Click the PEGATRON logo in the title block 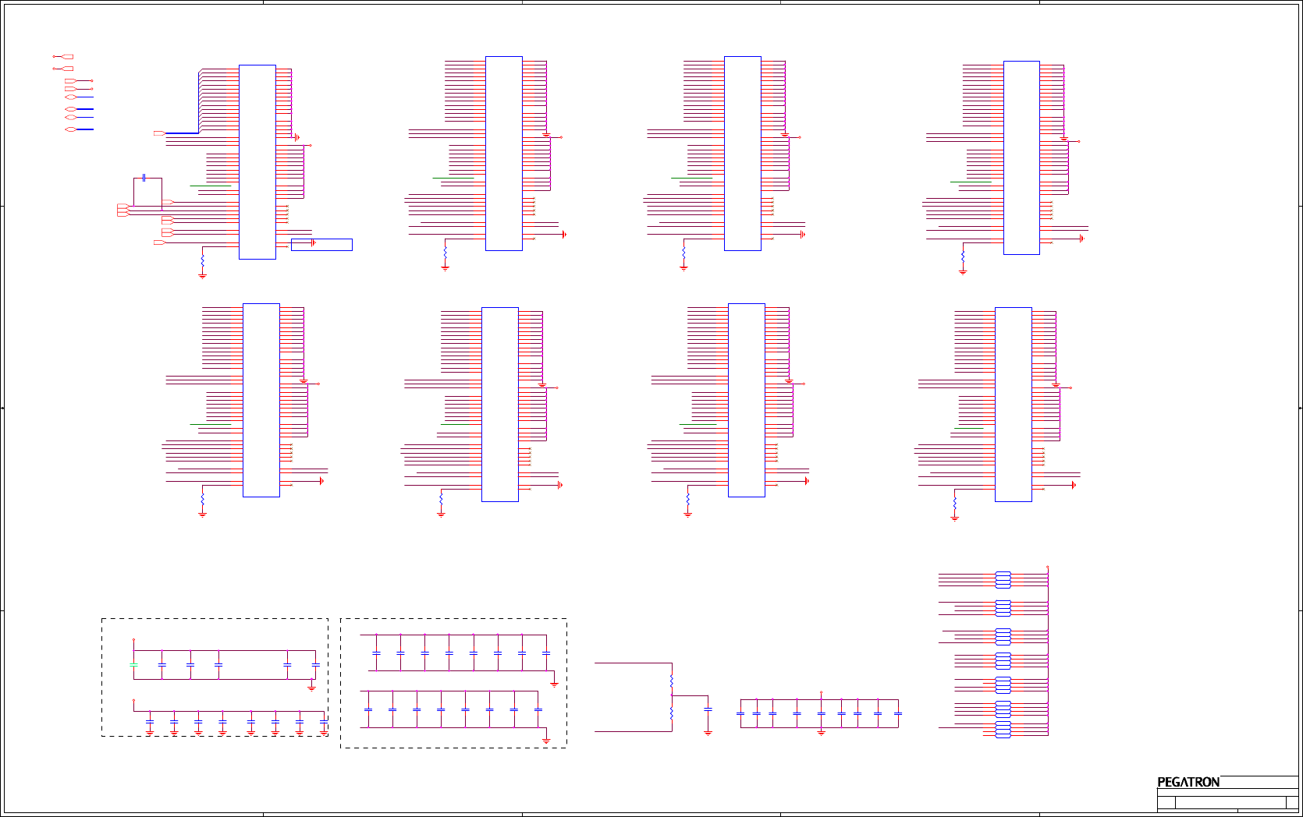tap(1188, 782)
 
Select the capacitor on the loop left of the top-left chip tap(144, 178)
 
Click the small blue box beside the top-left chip tap(321, 244)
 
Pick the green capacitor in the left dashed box tap(133, 665)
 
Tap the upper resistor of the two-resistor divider tap(672, 681)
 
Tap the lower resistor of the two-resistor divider tap(672, 713)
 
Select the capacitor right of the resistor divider tap(708, 709)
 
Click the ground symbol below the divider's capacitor tap(708, 732)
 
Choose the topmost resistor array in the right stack tap(1003, 579)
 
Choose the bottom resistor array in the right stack tap(1003, 730)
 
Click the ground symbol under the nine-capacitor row tap(821, 732)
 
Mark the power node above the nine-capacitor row tap(821, 692)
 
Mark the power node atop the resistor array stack tap(1047, 568)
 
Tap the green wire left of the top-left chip tap(210, 186)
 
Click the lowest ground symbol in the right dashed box tap(546, 740)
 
